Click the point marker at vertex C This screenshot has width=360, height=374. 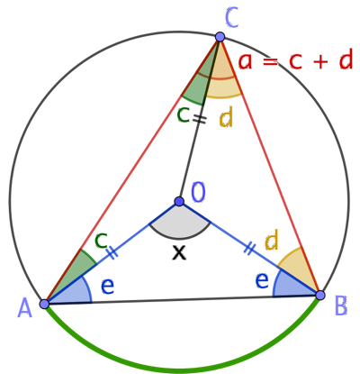[220, 37]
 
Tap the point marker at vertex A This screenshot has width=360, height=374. [44, 304]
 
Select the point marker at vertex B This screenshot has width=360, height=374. [320, 295]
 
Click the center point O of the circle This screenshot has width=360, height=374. [179, 201]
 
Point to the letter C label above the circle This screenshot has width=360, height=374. [231, 19]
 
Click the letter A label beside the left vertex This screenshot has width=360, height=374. [24, 308]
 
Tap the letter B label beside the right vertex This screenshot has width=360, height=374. [341, 306]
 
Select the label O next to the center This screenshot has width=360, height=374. [198, 192]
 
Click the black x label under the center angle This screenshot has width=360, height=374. [179, 252]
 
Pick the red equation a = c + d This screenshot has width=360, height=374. [295, 61]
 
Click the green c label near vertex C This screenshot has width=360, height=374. [183, 115]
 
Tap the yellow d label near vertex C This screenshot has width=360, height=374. [226, 118]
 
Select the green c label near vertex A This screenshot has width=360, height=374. [102, 240]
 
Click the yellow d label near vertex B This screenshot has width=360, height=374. [272, 241]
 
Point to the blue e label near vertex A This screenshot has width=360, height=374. [107, 287]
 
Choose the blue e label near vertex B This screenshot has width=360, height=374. [262, 280]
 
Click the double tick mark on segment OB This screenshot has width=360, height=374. [249, 249]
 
